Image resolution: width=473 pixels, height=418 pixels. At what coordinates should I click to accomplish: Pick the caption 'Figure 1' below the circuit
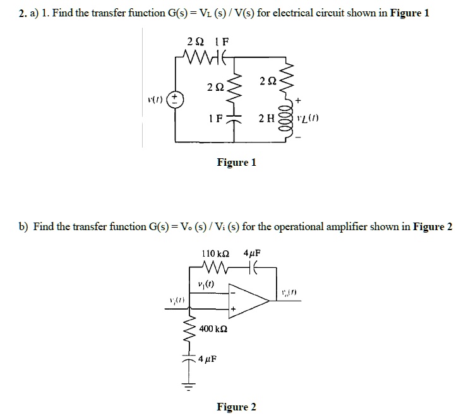(x=236, y=163)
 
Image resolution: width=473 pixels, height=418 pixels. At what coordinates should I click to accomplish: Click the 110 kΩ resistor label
(x=214, y=253)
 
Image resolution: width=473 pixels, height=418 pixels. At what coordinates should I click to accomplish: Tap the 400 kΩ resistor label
(x=213, y=329)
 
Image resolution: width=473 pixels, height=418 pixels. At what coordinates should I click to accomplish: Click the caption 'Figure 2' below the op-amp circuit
(x=236, y=407)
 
